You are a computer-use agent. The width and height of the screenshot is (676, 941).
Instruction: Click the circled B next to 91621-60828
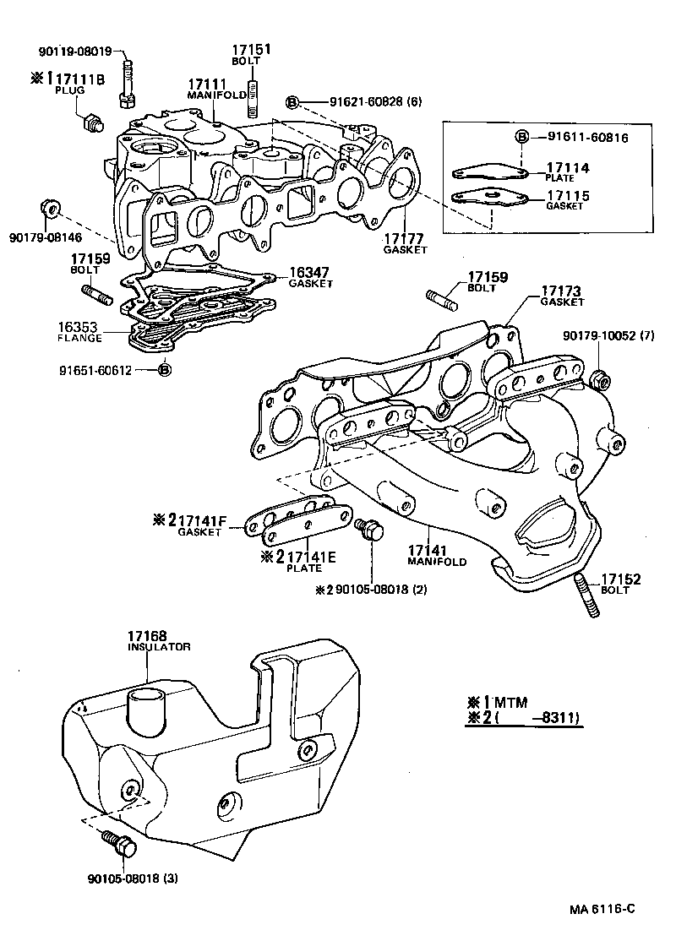coord(292,102)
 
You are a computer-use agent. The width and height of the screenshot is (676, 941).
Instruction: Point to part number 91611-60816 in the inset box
coord(588,136)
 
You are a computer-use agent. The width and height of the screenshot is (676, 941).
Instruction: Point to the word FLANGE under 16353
coord(79,338)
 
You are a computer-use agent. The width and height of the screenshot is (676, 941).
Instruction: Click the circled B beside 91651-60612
coord(165,369)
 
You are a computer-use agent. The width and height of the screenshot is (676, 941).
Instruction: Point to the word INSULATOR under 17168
coord(159,647)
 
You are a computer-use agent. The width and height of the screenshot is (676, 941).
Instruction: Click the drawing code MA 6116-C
coord(601,909)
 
